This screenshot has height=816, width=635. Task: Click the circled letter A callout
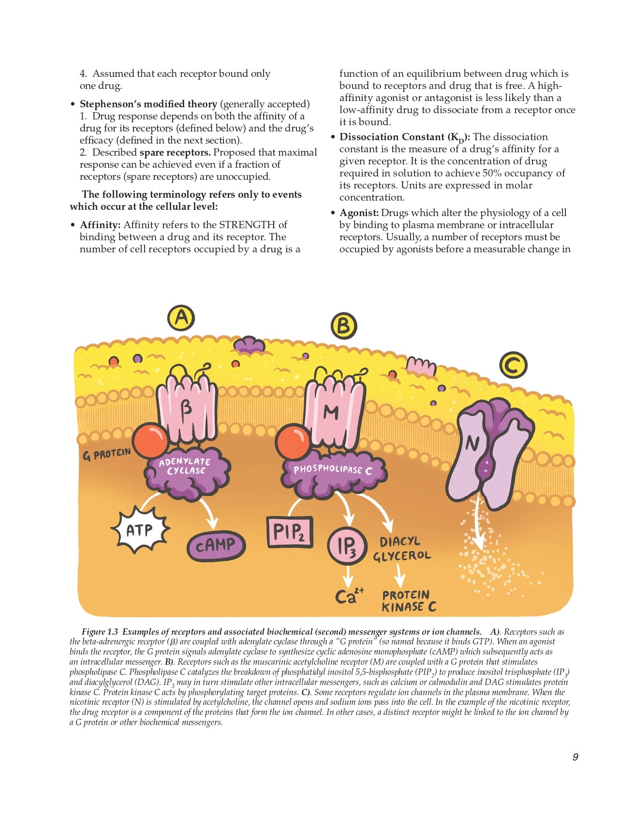tap(181, 318)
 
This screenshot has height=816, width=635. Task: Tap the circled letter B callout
tap(343, 326)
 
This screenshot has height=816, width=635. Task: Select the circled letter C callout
tap(513, 365)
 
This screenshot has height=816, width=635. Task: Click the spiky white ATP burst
tap(140, 530)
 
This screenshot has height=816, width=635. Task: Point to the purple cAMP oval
tap(216, 546)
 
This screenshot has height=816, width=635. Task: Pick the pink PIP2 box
tap(290, 532)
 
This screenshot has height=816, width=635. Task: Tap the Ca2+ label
tap(349, 595)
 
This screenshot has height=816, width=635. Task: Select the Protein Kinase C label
tap(409, 601)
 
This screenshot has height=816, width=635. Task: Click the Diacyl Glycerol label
tap(401, 549)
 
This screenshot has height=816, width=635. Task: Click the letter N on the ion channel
tap(472, 443)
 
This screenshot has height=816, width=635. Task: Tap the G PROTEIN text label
tap(107, 454)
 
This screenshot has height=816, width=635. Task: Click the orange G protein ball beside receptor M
tap(293, 442)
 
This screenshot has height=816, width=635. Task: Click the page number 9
tap(575, 757)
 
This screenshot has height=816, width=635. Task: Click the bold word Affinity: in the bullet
tap(100, 225)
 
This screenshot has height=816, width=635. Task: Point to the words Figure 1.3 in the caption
tap(100, 632)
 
